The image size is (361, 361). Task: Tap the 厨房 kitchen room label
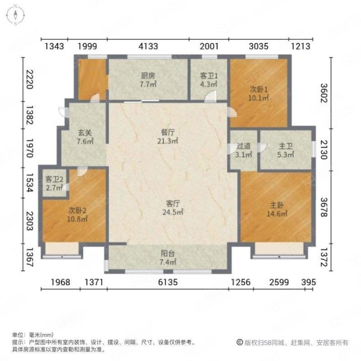pos(148,76)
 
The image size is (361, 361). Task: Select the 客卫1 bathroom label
pos(208,76)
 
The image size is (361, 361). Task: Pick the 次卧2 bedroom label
pos(77,210)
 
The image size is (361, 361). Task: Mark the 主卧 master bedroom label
pos(276,207)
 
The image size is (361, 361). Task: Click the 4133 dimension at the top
pos(148,46)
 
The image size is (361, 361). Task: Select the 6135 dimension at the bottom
pos(167,282)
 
